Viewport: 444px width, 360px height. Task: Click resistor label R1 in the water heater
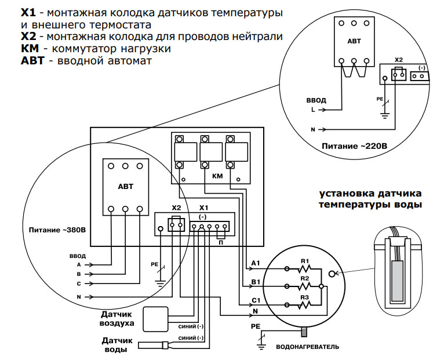coord(305,260)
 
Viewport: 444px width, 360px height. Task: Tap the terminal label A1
coord(256,264)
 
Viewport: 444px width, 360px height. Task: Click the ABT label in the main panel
coord(125,187)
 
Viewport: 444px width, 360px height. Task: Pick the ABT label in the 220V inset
coord(354,41)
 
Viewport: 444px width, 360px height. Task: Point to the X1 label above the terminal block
coord(203,207)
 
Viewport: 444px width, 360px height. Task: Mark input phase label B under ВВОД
coord(78,274)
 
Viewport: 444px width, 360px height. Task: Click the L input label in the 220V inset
coord(314,108)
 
